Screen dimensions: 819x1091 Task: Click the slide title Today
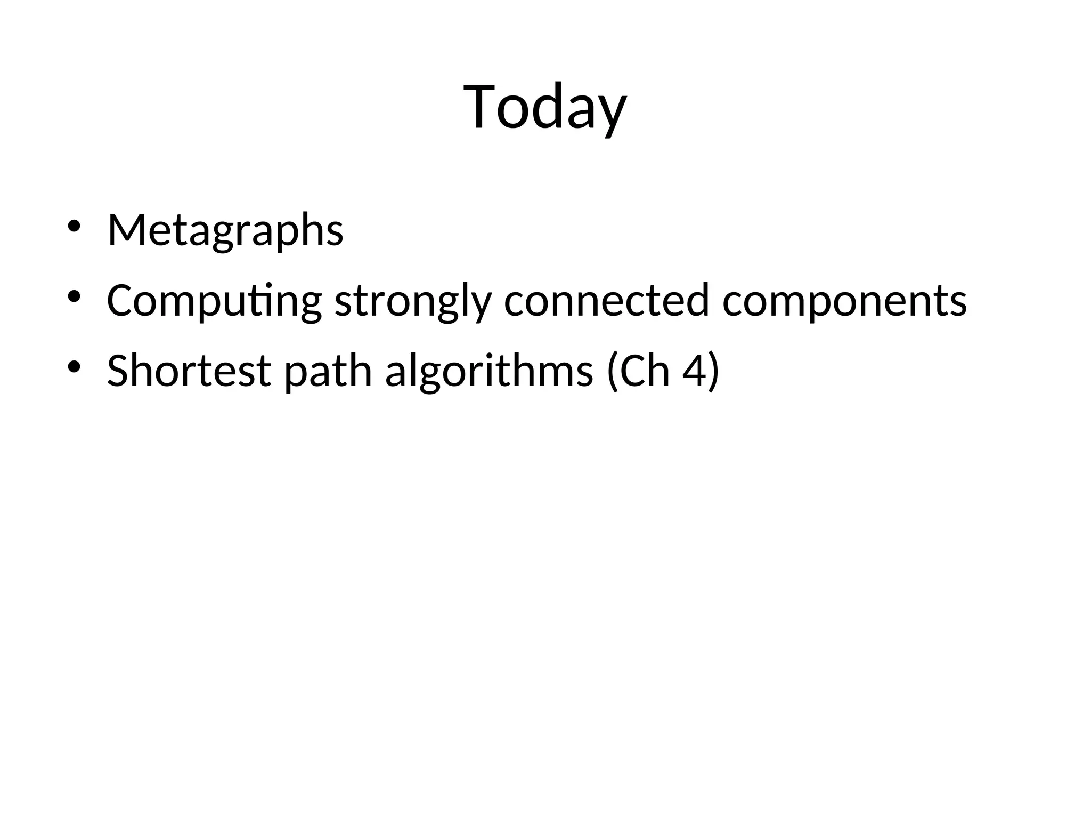545,107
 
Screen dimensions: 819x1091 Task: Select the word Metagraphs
225,230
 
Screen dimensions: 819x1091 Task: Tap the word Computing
214,301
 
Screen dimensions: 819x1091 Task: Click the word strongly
413,301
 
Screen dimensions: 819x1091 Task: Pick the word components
844,301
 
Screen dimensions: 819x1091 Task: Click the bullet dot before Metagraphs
74,226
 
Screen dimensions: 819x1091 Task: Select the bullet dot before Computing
74,296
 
